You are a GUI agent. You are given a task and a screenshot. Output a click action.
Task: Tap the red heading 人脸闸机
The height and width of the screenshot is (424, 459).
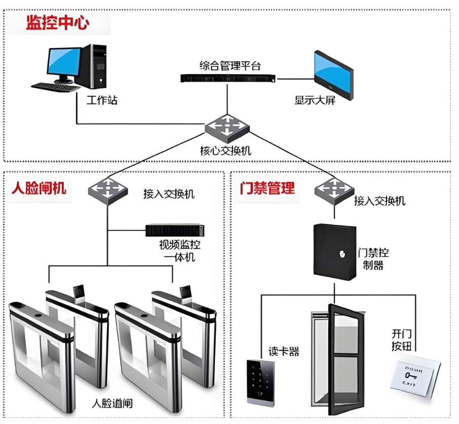coord(39,188)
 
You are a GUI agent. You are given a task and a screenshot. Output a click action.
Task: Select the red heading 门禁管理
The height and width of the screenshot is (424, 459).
coord(267,188)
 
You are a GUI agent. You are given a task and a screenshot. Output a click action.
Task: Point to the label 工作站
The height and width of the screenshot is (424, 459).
coord(102,100)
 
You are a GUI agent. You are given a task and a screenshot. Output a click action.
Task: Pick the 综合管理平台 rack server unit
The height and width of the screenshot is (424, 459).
coord(228,78)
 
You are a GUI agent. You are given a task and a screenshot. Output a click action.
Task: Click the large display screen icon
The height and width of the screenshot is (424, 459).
coord(332,74)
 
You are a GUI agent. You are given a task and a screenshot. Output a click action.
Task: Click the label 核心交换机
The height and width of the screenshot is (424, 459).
coord(226,150)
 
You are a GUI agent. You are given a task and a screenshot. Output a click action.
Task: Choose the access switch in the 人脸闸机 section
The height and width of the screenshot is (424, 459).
coord(107,190)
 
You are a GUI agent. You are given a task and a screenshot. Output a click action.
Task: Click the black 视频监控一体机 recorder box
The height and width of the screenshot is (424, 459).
coord(175,230)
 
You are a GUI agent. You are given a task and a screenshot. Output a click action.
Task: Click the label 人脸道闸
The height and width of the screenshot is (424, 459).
coord(112,404)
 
